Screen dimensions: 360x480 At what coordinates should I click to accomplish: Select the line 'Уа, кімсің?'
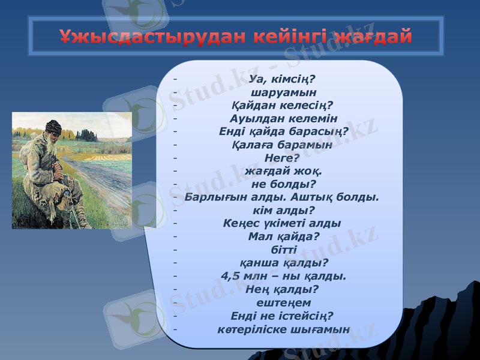coord(283,78)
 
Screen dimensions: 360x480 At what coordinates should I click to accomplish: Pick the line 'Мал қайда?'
coord(283,236)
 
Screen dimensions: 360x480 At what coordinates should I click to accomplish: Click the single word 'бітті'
coord(283,250)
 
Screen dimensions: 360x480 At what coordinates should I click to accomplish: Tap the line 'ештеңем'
coord(283,302)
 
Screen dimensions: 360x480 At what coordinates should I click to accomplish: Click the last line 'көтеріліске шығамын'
coord(283,329)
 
